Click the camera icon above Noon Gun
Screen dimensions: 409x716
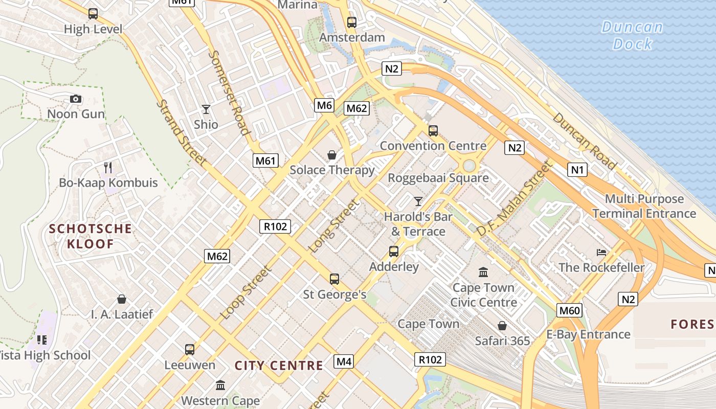[x=76, y=99]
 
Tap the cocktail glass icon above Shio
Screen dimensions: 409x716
[x=206, y=109]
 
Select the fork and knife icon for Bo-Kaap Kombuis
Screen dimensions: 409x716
[x=108, y=167]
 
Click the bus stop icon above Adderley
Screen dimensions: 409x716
[x=393, y=251]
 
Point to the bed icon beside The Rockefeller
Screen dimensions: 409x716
[x=602, y=252]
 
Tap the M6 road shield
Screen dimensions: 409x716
[x=325, y=105]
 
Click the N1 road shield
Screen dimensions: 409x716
[x=577, y=169]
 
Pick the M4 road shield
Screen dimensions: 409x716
[x=344, y=361]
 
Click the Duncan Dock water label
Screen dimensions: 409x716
[x=632, y=35]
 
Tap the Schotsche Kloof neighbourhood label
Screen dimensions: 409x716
[x=91, y=236]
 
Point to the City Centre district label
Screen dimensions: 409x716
[x=279, y=366]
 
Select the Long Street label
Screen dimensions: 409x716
[x=334, y=226]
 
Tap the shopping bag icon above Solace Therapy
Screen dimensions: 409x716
[x=332, y=154]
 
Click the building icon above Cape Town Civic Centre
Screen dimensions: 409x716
[x=483, y=272]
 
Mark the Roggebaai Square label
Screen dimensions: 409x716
[x=438, y=178]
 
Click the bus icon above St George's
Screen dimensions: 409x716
[x=334, y=279]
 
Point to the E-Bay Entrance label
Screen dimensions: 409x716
[x=588, y=334]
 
